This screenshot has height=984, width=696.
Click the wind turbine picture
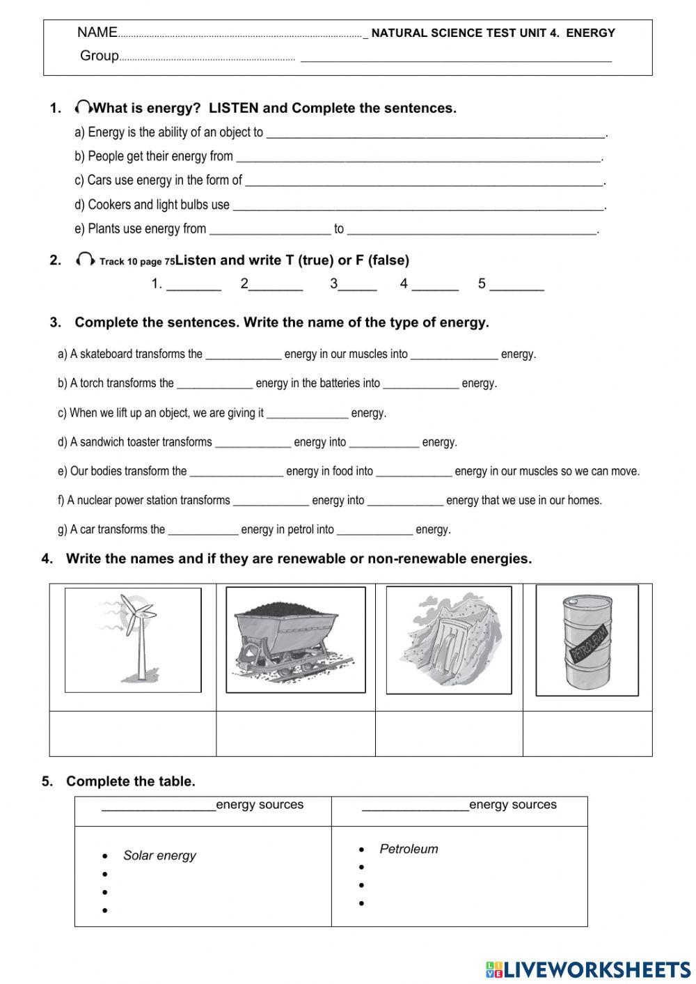(133, 639)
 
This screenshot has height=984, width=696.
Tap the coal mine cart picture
(295, 639)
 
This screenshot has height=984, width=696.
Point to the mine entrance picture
(449, 639)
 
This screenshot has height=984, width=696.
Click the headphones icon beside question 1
(84, 107)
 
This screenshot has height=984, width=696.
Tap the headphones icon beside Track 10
(85, 260)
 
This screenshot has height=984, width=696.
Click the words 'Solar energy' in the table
(159, 855)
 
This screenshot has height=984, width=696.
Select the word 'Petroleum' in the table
(409, 849)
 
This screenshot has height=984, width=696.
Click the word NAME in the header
(97, 32)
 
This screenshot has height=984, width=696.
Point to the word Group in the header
(99, 56)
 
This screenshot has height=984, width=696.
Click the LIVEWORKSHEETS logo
(587, 969)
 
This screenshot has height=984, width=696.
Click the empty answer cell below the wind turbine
(133, 733)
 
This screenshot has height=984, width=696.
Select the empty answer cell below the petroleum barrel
(587, 733)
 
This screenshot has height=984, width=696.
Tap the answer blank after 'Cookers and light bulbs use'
(418, 205)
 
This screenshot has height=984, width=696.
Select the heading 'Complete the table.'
(130, 781)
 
